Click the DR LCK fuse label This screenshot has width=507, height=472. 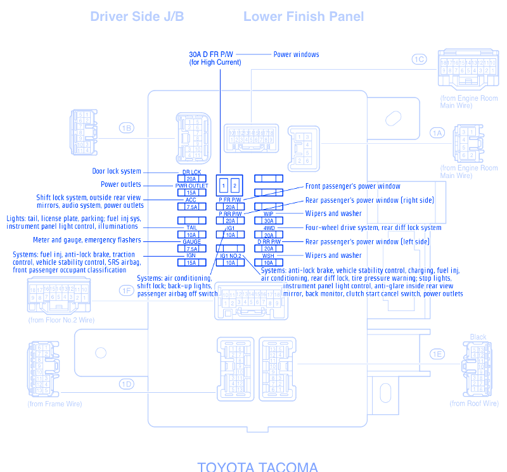pyautogui.click(x=191, y=172)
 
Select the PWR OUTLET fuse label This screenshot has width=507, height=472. pyautogui.click(x=191, y=186)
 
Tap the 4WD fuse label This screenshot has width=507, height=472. pyautogui.click(x=269, y=227)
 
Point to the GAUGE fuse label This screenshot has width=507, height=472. pyautogui.click(x=191, y=241)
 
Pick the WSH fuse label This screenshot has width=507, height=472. pyautogui.click(x=269, y=255)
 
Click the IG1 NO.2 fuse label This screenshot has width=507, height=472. pyautogui.click(x=231, y=255)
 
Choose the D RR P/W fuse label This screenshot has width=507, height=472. pyautogui.click(x=269, y=241)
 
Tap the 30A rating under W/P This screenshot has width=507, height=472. pyautogui.click(x=269, y=220)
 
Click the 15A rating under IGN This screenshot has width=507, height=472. pyautogui.click(x=191, y=262)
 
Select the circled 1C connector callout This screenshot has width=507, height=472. pyautogui.click(x=419, y=60)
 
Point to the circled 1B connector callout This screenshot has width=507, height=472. pyautogui.click(x=126, y=128)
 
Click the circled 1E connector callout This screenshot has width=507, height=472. pyautogui.click(x=437, y=354)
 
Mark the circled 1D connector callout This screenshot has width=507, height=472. pyautogui.click(x=126, y=383)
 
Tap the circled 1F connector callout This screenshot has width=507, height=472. pyautogui.click(x=126, y=290)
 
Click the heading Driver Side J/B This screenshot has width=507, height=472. pyautogui.click(x=137, y=16)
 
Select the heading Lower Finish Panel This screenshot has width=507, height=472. pyautogui.click(x=304, y=16)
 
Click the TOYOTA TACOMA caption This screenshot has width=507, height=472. pyautogui.click(x=257, y=467)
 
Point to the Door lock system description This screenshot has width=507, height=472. pyautogui.click(x=117, y=172)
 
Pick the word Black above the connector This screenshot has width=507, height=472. pyautogui.click(x=478, y=337)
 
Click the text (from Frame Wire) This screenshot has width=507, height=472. pyautogui.click(x=55, y=404)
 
